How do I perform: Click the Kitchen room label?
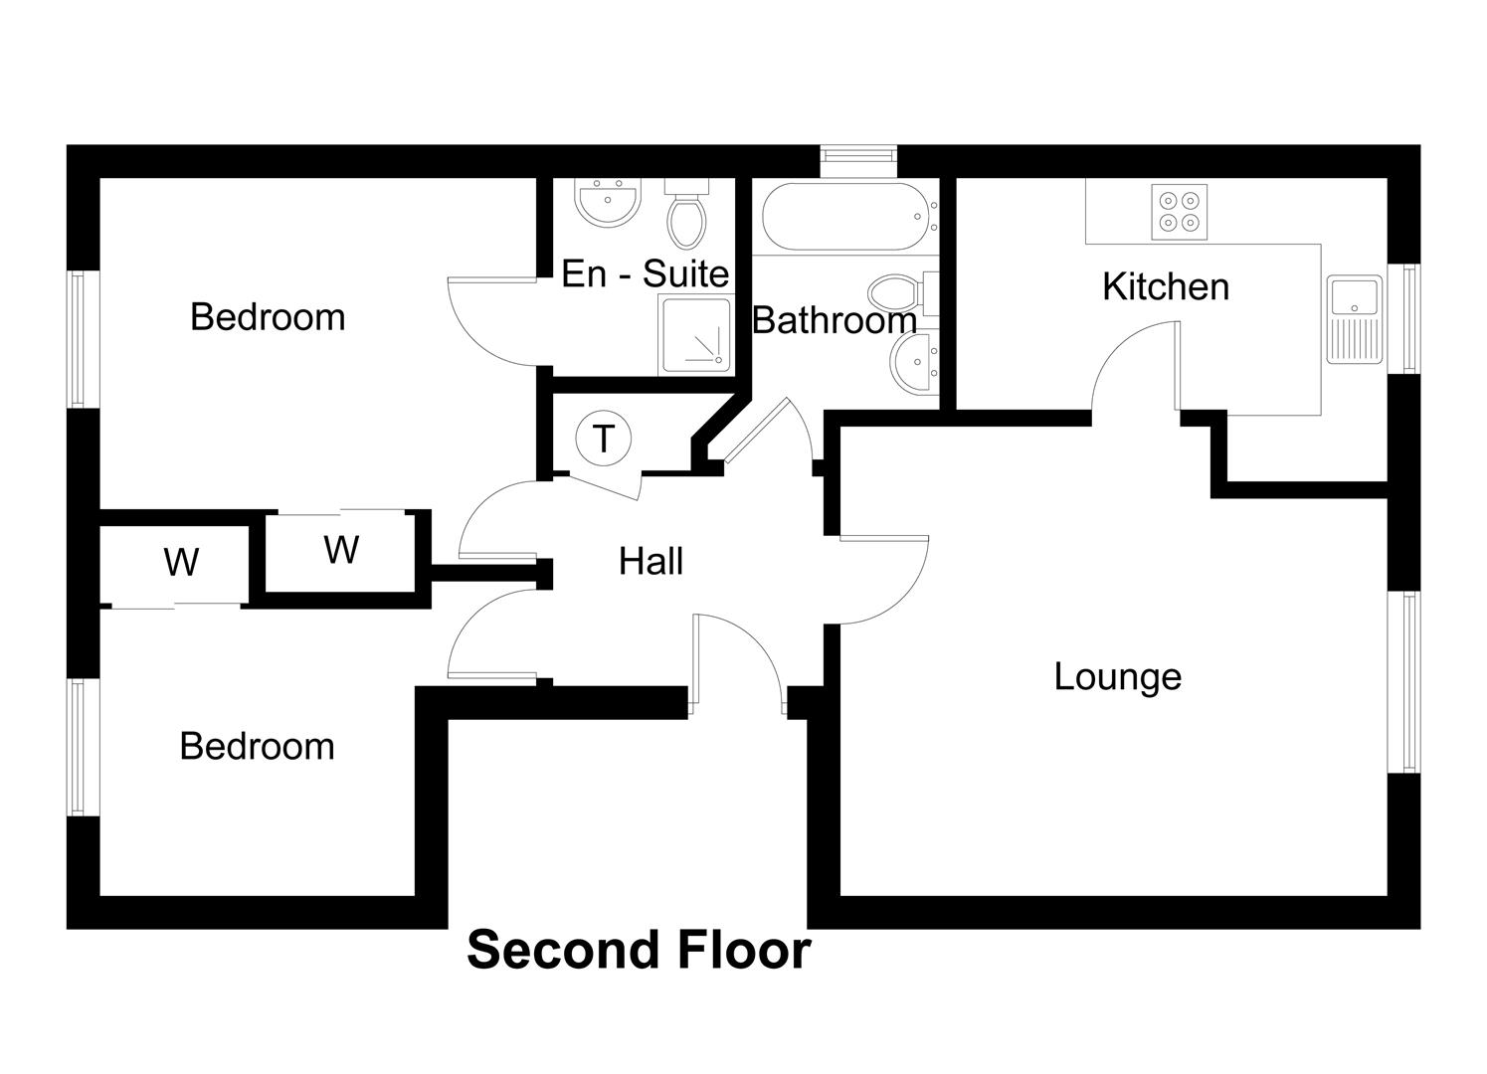(x=1165, y=286)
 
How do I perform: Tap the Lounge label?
(x=1117, y=676)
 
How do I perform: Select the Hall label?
(x=651, y=561)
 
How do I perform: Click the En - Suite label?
(x=645, y=273)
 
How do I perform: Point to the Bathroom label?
(x=834, y=320)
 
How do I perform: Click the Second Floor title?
(x=639, y=950)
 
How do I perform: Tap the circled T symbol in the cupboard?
(x=604, y=438)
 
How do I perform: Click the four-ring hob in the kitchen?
(x=1180, y=212)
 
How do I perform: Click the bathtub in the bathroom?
(x=845, y=217)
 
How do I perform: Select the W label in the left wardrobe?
(x=181, y=563)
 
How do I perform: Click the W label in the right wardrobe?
(x=341, y=549)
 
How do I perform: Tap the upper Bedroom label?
(x=268, y=317)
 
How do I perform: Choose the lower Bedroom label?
(x=257, y=747)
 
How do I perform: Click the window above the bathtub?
(x=858, y=155)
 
